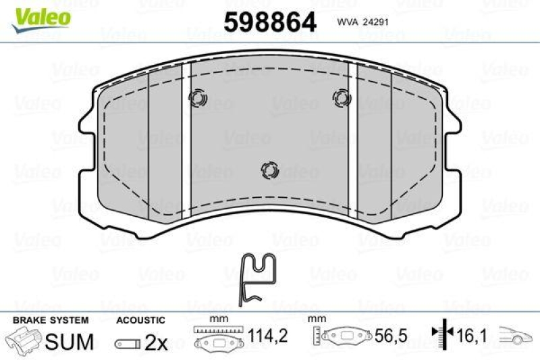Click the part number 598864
pos(269,23)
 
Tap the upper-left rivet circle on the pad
pos(198,99)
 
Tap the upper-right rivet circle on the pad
pos(342,99)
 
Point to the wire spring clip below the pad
pos(258,278)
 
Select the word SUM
pos(69,342)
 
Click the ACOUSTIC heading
pos(140,319)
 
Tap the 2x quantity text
pos(156,343)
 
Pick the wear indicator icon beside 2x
pos(128,344)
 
